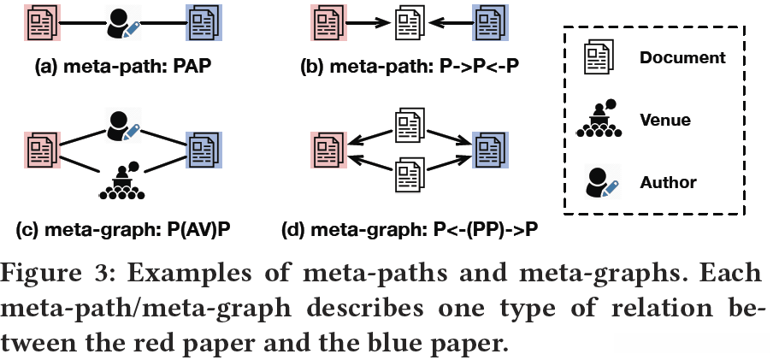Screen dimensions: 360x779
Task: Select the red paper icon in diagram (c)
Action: coord(39,151)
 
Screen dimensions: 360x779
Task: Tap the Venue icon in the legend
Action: coord(599,120)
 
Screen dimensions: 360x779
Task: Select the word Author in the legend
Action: coord(668,181)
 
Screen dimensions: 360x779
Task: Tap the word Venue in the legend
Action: coord(665,120)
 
